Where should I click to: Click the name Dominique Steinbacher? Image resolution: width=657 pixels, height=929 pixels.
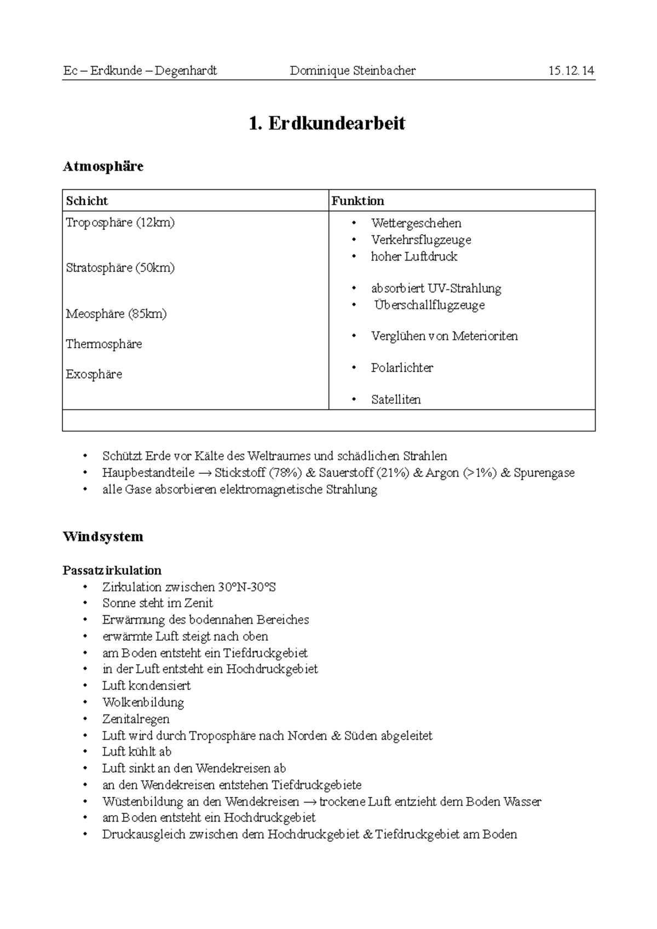(x=353, y=71)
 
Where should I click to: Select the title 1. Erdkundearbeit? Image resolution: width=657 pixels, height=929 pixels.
(x=327, y=123)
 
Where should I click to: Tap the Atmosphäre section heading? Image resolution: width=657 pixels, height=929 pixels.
(x=103, y=166)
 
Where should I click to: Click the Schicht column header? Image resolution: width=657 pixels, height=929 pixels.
(x=87, y=201)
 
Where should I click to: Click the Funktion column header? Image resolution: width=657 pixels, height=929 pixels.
(x=358, y=201)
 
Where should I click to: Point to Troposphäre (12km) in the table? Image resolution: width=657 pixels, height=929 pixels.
(x=120, y=223)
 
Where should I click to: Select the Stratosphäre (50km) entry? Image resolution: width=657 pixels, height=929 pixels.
(x=120, y=268)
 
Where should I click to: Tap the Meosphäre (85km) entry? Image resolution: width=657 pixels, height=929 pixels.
(x=116, y=314)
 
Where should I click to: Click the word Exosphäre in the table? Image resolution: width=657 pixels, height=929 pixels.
(x=94, y=374)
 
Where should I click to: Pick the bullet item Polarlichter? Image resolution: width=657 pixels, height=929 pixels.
(x=402, y=368)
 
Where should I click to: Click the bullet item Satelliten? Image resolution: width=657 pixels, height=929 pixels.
(x=396, y=399)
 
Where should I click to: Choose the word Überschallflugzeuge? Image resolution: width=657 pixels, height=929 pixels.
(x=429, y=305)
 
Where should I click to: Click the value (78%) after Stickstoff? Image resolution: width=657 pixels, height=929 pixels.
(x=285, y=472)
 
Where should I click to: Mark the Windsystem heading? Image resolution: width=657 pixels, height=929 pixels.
(x=103, y=537)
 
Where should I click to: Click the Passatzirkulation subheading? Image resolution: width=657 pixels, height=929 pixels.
(x=112, y=570)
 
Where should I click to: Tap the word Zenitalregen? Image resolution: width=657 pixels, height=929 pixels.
(x=136, y=719)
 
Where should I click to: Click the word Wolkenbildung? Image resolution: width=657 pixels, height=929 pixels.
(x=143, y=702)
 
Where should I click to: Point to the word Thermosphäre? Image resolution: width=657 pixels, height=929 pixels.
(x=103, y=344)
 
